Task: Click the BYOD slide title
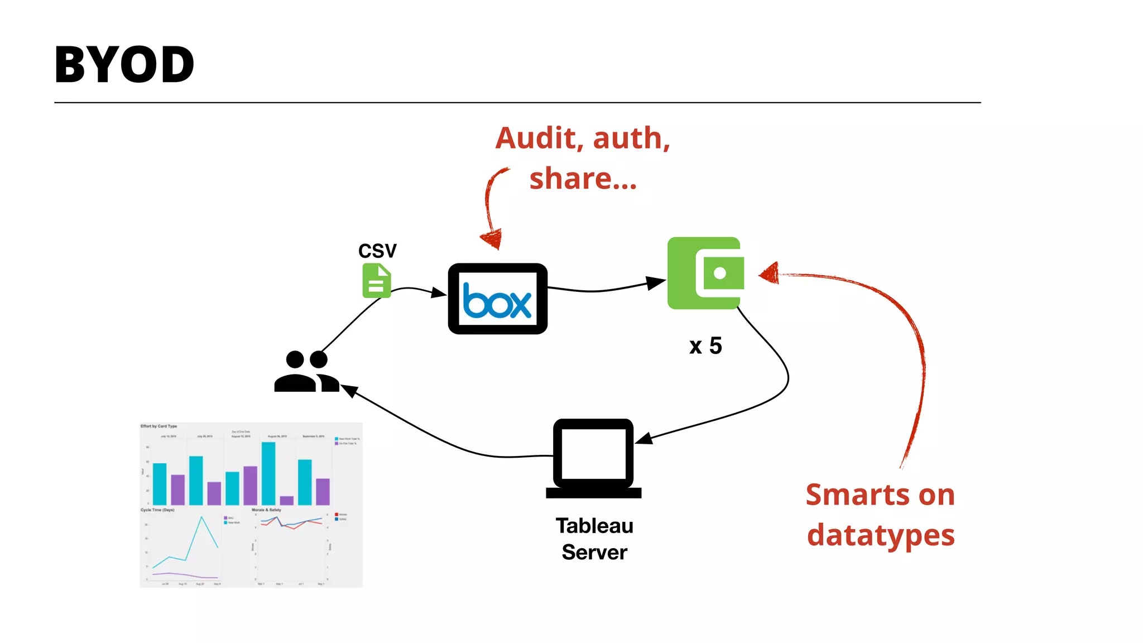click(124, 65)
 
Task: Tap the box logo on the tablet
click(497, 301)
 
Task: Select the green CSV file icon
click(377, 281)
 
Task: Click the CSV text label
click(377, 251)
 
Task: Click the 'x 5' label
click(705, 346)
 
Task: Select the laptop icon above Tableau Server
click(593, 458)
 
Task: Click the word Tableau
click(594, 526)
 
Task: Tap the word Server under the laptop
click(594, 552)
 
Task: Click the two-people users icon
click(306, 372)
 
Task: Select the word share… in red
click(583, 179)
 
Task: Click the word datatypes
click(881, 535)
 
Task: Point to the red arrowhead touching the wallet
click(769, 273)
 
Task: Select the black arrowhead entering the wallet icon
click(656, 282)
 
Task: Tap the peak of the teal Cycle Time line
click(201, 517)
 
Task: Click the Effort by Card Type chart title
click(159, 426)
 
